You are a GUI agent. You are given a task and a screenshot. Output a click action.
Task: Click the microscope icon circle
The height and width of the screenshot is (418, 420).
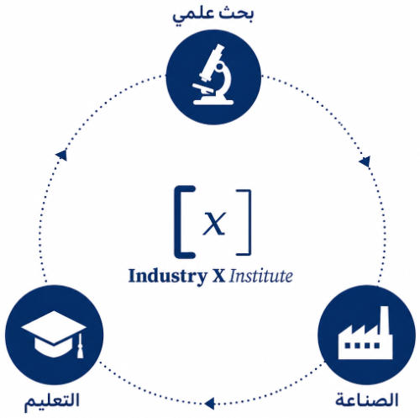213,77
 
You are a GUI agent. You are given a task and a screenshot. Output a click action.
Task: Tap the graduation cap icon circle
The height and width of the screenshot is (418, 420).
55,336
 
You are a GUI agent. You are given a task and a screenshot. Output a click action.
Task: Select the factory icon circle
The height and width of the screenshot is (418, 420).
367,335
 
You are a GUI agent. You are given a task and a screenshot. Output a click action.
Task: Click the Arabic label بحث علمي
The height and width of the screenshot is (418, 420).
213,15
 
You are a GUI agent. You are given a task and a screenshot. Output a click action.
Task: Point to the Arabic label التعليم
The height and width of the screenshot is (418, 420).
52,401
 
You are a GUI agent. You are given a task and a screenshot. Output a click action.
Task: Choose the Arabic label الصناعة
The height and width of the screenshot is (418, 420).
367,399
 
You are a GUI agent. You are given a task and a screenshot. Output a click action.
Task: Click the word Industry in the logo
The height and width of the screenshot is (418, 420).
168,277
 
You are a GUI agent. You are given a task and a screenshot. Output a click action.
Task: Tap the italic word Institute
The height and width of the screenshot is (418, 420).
261,276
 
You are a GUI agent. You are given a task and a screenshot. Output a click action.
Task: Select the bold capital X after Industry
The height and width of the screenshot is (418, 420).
218,276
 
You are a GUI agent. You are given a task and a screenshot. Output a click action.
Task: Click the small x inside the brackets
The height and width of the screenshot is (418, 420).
214,223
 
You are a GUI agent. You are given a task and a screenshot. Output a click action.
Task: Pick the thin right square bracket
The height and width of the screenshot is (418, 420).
246,223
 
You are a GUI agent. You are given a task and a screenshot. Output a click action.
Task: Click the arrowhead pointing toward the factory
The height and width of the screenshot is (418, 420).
365,162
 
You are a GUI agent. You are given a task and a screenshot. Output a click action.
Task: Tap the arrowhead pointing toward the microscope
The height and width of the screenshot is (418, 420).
61,155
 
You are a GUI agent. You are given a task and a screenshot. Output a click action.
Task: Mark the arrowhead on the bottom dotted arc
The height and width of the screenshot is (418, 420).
209,404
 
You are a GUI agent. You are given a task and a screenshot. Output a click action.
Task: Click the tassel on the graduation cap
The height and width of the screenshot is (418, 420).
80,347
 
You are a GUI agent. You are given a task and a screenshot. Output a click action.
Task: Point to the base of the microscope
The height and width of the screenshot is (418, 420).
213,102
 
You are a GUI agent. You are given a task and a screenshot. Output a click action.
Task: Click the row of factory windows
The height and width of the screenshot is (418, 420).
362,346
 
